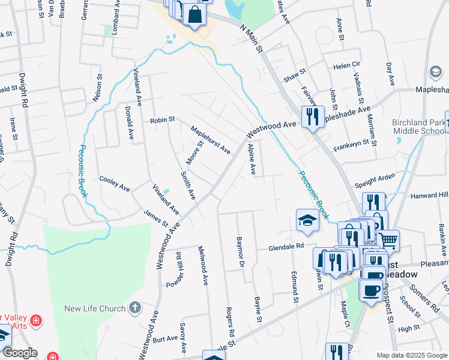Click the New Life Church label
[x=95, y=308]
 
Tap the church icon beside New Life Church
[x=136, y=308]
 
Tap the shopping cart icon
[x=388, y=241]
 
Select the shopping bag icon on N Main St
[x=195, y=15]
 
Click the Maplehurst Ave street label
[x=211, y=139]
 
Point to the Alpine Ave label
[x=253, y=160]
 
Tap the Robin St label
[x=162, y=119]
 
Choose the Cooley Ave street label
[x=115, y=184]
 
